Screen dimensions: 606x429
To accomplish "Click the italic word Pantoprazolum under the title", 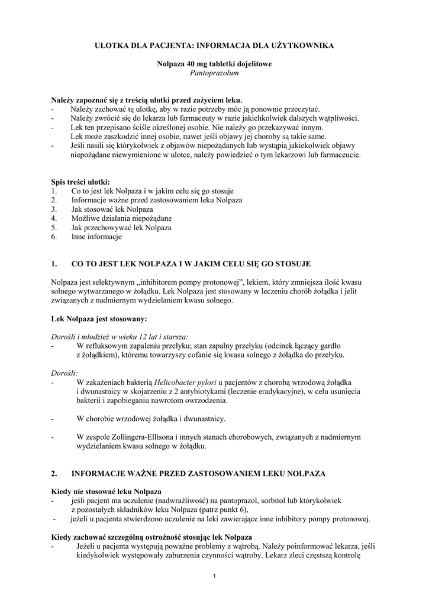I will point(214,73).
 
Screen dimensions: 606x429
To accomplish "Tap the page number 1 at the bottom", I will point(214,576).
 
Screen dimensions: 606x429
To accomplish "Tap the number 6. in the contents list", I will point(54,237).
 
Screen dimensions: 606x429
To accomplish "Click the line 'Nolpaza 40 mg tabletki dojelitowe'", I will point(214,63).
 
